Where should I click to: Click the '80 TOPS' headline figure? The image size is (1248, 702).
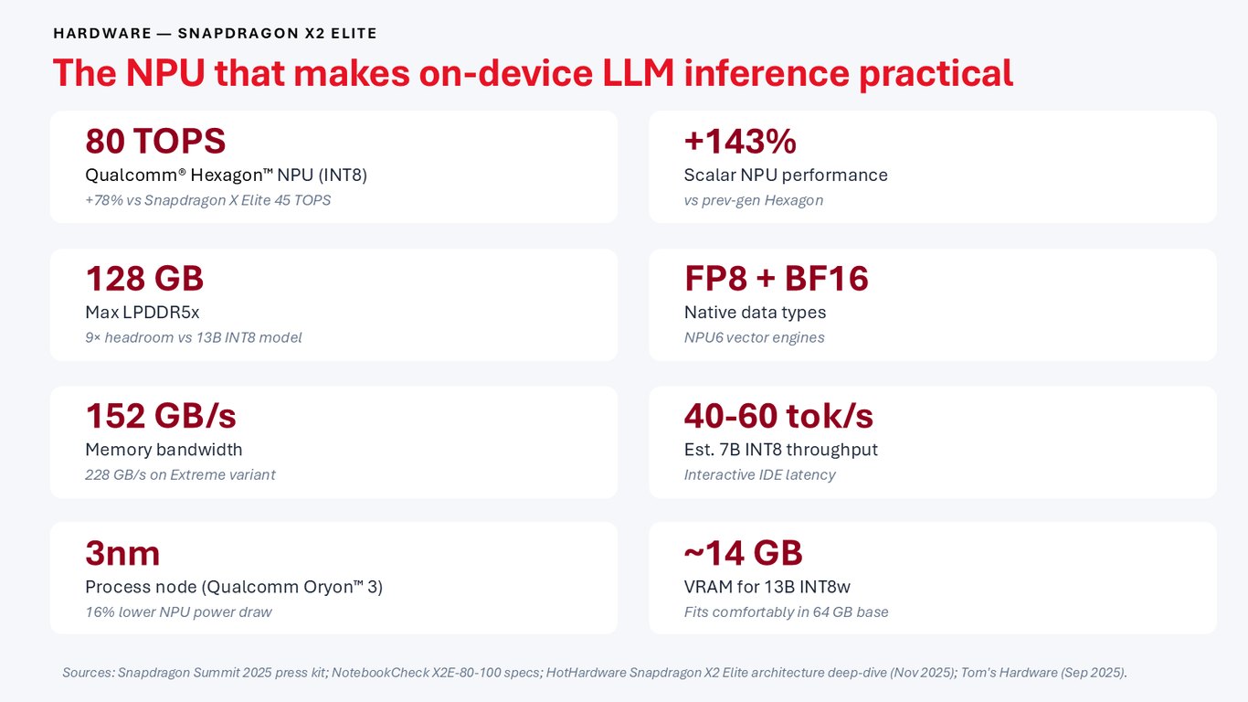pyautogui.click(x=155, y=141)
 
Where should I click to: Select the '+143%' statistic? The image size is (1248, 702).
pyautogui.click(x=740, y=141)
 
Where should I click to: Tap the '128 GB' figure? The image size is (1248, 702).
pyautogui.click(x=144, y=278)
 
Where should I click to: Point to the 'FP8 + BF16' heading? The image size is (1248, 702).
pyautogui.click(x=776, y=278)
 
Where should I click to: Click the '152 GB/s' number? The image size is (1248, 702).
pyautogui.click(x=161, y=416)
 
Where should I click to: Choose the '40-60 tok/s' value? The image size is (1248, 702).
pyautogui.click(x=778, y=416)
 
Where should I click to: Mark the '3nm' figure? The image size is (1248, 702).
pyautogui.click(x=122, y=554)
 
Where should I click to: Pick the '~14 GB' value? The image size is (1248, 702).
pyautogui.click(x=744, y=553)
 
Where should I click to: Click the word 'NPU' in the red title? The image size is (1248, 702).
pyautogui.click(x=165, y=73)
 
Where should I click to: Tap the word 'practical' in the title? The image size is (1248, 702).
pyautogui.click(x=936, y=74)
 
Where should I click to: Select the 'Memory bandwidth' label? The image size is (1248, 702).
pyautogui.click(x=164, y=450)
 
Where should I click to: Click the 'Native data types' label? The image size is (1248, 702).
pyautogui.click(x=755, y=313)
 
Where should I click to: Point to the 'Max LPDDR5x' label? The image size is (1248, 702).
pyautogui.click(x=143, y=313)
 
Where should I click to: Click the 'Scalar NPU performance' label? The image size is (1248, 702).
pyautogui.click(x=786, y=175)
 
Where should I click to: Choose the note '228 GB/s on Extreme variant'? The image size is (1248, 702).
pyautogui.click(x=180, y=475)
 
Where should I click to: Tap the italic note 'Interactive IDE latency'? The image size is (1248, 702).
pyautogui.click(x=759, y=475)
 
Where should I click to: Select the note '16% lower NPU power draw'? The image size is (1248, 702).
pyautogui.click(x=178, y=612)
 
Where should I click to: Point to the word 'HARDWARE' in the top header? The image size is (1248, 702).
pyautogui.click(x=102, y=34)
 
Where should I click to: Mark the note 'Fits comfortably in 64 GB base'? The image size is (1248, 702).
pyautogui.click(x=786, y=612)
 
